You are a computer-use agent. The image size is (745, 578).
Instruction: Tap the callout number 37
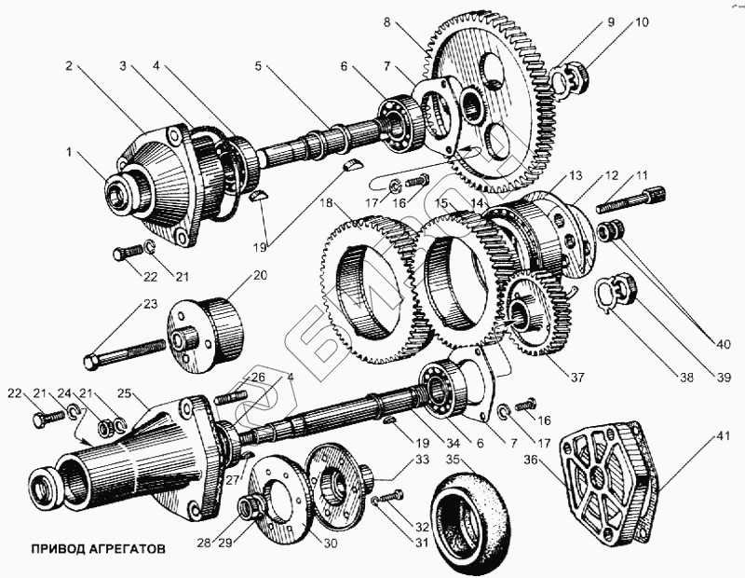coord(576,378)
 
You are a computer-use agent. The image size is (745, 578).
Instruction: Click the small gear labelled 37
coord(531,312)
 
